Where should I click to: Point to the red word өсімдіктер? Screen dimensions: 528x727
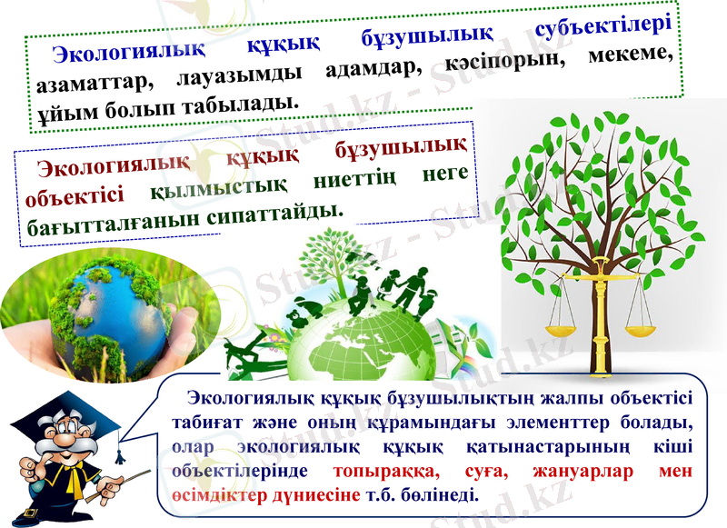(x=217, y=495)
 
